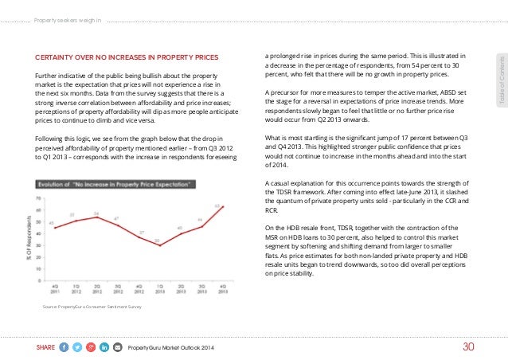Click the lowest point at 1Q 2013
pos(157,245)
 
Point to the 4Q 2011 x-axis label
pos(53,288)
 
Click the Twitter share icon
pos(78,346)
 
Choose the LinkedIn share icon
pos(105,346)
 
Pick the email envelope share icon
pos(119,346)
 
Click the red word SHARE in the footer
pos(45,346)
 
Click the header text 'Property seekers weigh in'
pos(67,10)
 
